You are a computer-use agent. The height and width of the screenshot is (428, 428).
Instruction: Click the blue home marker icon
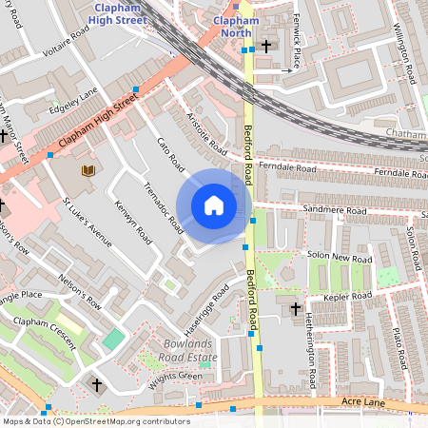[x=214, y=205]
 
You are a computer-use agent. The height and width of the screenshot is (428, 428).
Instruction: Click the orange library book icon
[x=88, y=170]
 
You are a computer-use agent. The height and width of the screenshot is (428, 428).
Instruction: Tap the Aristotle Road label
[x=203, y=132]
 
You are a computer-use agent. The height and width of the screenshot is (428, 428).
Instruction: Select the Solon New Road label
[x=340, y=257]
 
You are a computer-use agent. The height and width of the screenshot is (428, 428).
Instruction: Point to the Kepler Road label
[x=349, y=297]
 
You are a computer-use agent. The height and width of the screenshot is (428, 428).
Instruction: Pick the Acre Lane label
[x=366, y=403]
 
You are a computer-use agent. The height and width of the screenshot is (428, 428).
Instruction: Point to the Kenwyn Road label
[x=132, y=218]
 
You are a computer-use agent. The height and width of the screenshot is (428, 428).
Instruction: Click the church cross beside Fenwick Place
[x=266, y=46]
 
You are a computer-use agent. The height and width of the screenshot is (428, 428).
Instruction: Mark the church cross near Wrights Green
[x=96, y=384]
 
